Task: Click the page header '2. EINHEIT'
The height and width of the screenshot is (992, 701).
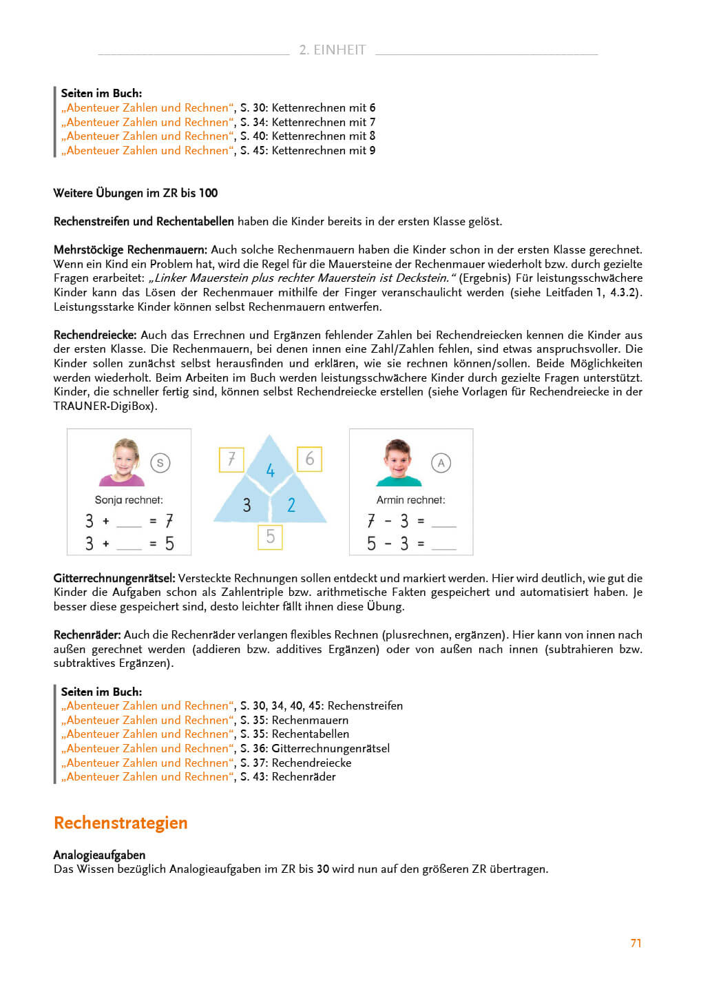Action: [x=332, y=50]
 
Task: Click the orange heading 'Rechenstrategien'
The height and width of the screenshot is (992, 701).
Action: [x=121, y=823]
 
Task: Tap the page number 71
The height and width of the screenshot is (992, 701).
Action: [x=636, y=943]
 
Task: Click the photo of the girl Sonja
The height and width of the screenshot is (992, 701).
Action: [x=122, y=462]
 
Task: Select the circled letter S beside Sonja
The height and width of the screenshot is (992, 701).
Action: [x=160, y=463]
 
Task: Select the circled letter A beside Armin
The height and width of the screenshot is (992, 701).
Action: [x=441, y=463]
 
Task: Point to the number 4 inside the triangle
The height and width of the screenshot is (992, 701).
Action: [x=270, y=471]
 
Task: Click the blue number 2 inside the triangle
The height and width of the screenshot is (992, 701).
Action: [x=291, y=505]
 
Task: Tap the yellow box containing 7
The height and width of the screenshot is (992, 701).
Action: [x=231, y=459]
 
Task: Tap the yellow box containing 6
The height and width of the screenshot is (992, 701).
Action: [x=309, y=459]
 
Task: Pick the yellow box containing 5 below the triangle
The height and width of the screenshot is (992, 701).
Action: [x=270, y=536]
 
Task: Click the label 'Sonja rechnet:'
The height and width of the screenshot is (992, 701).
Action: [x=129, y=500]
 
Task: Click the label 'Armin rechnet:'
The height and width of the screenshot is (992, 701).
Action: [x=410, y=500]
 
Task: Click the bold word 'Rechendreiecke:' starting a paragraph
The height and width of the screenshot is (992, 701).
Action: [x=95, y=335]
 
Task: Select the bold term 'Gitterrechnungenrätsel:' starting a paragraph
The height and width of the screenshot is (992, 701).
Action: [x=114, y=578]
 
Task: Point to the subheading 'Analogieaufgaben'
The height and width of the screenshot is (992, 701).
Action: [x=99, y=855]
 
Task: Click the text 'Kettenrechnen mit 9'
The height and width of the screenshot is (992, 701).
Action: [x=324, y=150]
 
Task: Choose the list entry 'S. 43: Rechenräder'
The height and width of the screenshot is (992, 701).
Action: [x=288, y=776]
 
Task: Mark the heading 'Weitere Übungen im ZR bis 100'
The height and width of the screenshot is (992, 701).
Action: [x=136, y=193]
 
